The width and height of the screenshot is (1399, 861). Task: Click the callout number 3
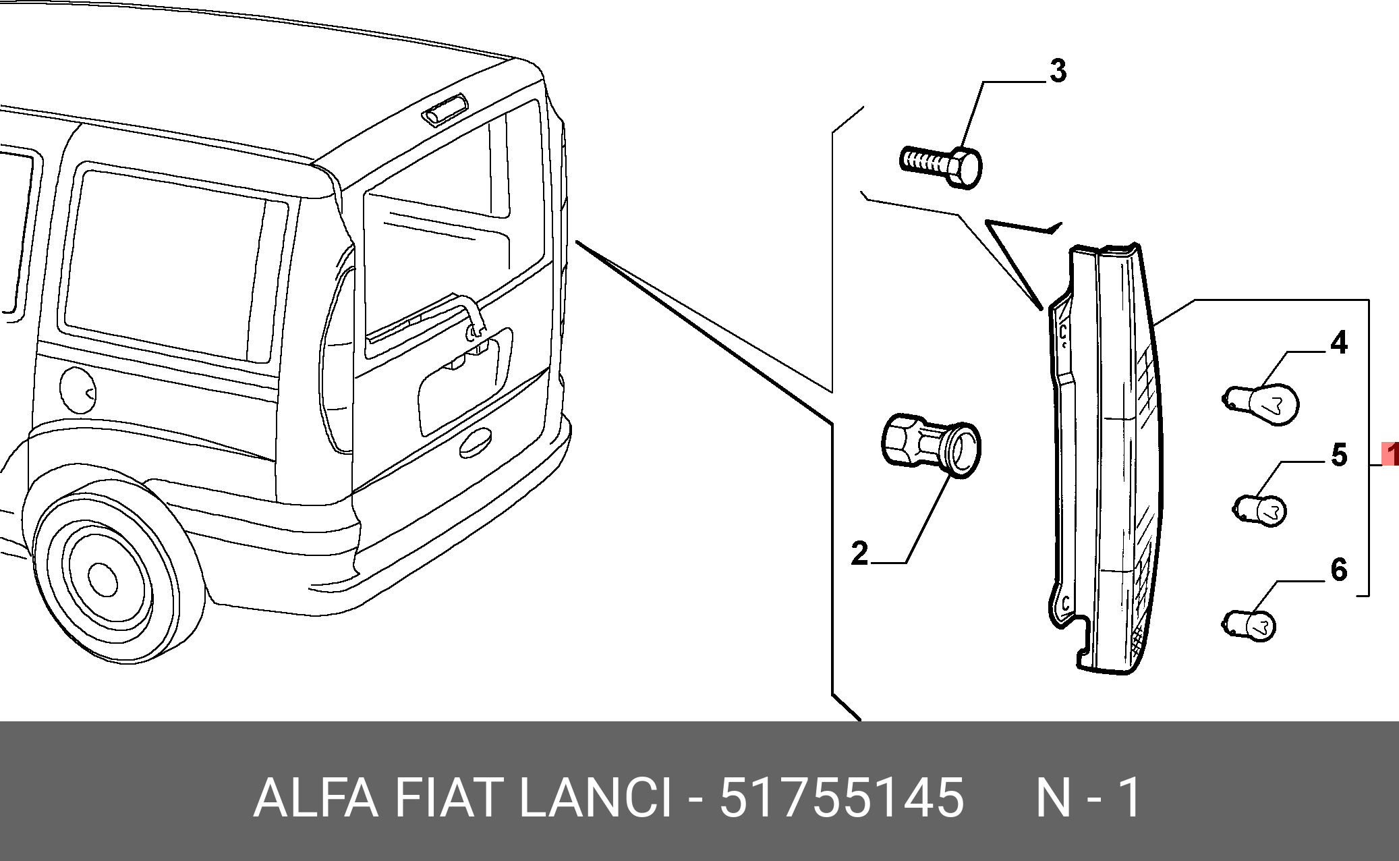(1058, 71)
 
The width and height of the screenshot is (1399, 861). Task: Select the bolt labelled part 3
(942, 165)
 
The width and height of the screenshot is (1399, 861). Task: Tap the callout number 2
(859, 553)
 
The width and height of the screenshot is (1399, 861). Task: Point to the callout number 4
(1338, 343)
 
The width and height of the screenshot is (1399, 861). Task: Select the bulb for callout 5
(1261, 510)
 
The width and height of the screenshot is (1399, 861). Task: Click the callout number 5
(1339, 455)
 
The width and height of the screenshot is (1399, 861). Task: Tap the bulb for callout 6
(1249, 624)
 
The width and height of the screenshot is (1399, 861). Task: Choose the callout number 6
(1338, 570)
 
